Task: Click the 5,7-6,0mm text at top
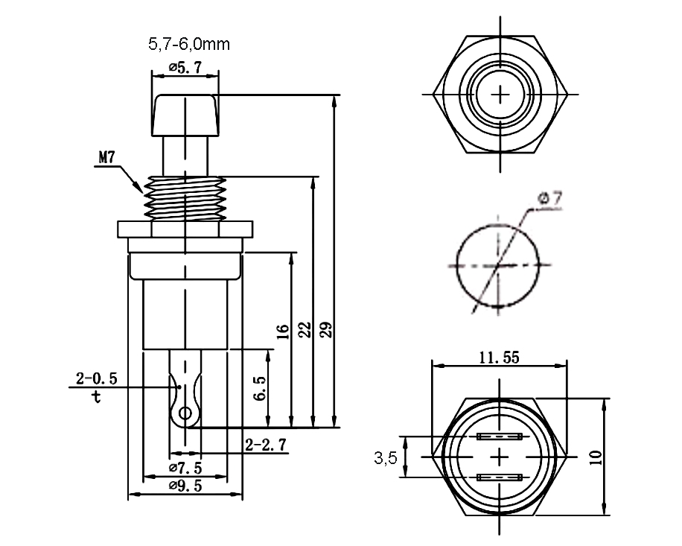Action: (x=188, y=45)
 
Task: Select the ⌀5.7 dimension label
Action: (x=185, y=67)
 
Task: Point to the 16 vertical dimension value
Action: (x=281, y=331)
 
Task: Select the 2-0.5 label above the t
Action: (x=97, y=378)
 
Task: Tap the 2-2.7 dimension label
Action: (x=267, y=445)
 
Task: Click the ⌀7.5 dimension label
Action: (x=185, y=467)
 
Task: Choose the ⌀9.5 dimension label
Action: (x=185, y=486)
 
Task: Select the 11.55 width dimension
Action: (x=499, y=358)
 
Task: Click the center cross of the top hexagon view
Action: (x=500, y=95)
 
